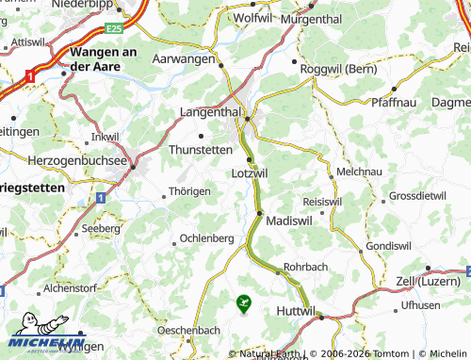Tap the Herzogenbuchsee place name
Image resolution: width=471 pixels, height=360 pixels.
point(66,161)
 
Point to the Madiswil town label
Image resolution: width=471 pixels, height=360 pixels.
point(289,219)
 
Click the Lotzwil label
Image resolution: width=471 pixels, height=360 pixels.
point(250,174)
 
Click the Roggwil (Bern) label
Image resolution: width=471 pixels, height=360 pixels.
point(340,69)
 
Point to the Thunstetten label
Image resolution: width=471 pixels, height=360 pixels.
point(200,149)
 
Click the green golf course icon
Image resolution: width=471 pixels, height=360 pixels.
point(244,303)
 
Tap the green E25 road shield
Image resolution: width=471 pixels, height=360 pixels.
point(114,29)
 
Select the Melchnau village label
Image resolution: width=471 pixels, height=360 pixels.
point(358,173)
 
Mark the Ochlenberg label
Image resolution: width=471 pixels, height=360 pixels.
point(205,238)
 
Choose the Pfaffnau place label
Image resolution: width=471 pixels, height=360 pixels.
point(394,101)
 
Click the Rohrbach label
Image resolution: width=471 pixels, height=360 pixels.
point(304,268)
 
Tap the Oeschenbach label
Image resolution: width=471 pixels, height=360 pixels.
point(189,330)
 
